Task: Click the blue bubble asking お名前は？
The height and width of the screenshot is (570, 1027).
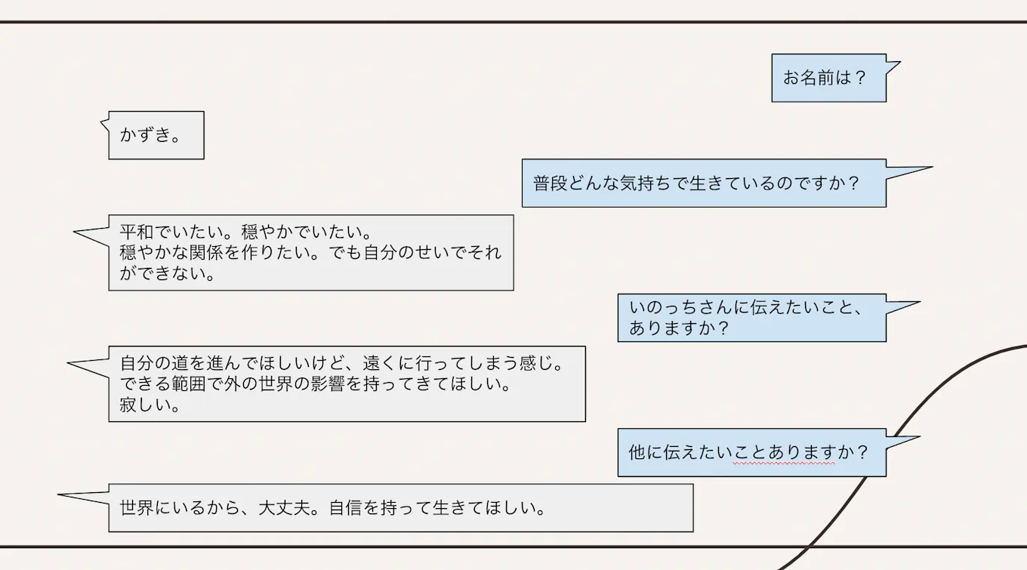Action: click(x=828, y=78)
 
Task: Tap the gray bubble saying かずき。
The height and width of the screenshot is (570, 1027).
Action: click(x=156, y=136)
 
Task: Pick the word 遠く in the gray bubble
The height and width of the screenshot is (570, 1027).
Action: click(x=380, y=364)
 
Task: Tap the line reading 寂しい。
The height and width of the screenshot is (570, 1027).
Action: click(x=149, y=405)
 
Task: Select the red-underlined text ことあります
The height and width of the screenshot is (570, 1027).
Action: click(x=783, y=453)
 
